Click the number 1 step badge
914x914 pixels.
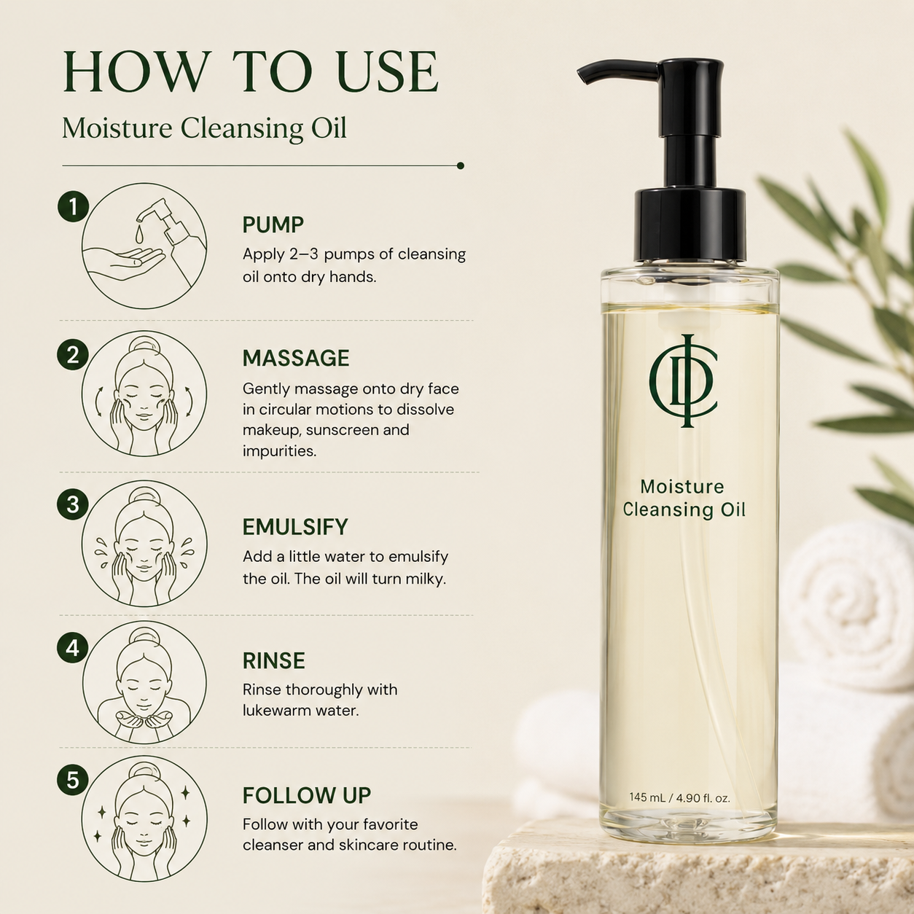73,207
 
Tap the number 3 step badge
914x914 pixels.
73,504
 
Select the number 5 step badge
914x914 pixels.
73,779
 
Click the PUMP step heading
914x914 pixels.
273,224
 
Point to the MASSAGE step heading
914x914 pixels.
296,358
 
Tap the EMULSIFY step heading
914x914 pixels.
295,527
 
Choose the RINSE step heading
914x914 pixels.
273,660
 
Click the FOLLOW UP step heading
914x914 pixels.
306,795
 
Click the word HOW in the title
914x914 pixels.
137,71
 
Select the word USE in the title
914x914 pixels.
388,71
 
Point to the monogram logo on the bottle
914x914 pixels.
683,381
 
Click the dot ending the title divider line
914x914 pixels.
460,165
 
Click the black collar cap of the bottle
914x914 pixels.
690,225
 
